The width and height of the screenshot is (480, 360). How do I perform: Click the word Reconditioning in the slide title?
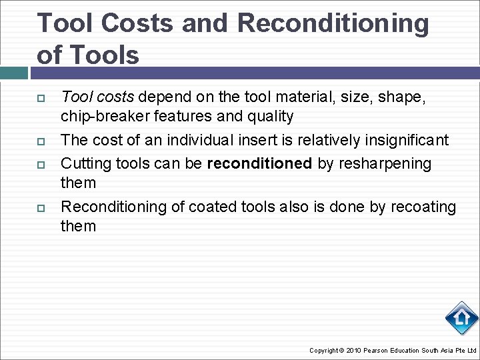click(333, 23)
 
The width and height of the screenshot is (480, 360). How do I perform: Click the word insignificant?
click(401, 140)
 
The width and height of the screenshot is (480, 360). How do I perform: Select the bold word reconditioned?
click(259, 163)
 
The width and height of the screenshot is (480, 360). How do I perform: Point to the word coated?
click(213, 207)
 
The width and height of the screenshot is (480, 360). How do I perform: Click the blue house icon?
click(461, 319)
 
